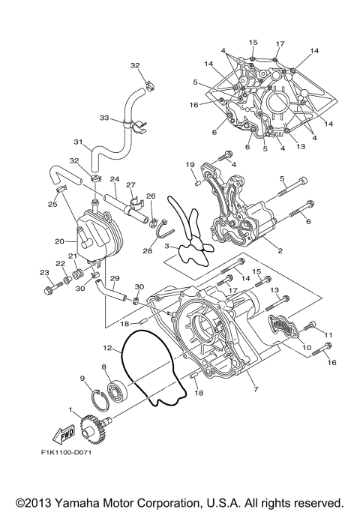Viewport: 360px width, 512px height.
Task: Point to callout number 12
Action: pyautogui.click(x=108, y=347)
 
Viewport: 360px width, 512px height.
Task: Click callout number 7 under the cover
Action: pyautogui.click(x=256, y=391)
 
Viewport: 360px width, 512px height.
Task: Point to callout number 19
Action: pyautogui.click(x=190, y=164)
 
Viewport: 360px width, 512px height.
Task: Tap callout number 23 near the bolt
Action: pyautogui.click(x=44, y=272)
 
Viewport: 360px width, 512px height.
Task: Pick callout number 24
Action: pyautogui.click(x=115, y=179)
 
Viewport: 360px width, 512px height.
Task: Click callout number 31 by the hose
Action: pyautogui.click(x=76, y=142)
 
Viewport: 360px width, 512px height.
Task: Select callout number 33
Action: pyautogui.click(x=104, y=117)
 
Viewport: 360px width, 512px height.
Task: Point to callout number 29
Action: pyautogui.click(x=115, y=278)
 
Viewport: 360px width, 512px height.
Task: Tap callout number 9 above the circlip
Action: pyautogui.click(x=82, y=378)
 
